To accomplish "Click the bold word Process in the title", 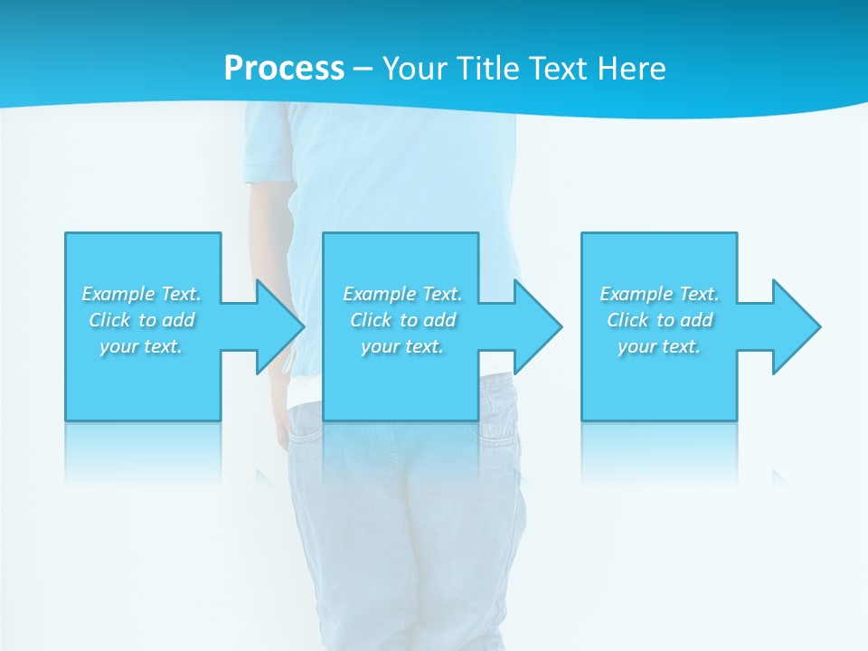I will point(284,69).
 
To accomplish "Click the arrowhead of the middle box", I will point(537,326).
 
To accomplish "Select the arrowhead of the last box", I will point(795,326).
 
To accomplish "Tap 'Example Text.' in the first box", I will point(141,294).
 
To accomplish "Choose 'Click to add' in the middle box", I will point(402,320).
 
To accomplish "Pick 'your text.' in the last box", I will point(659,346).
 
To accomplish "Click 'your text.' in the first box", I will point(141,346).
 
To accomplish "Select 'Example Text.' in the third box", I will point(659,294).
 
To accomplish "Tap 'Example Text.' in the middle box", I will point(402,294).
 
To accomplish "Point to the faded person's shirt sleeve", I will point(270,145).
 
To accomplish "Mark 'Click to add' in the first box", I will point(141,320).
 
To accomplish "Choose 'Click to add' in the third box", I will point(659,320).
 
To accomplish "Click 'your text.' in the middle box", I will point(402,346).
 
